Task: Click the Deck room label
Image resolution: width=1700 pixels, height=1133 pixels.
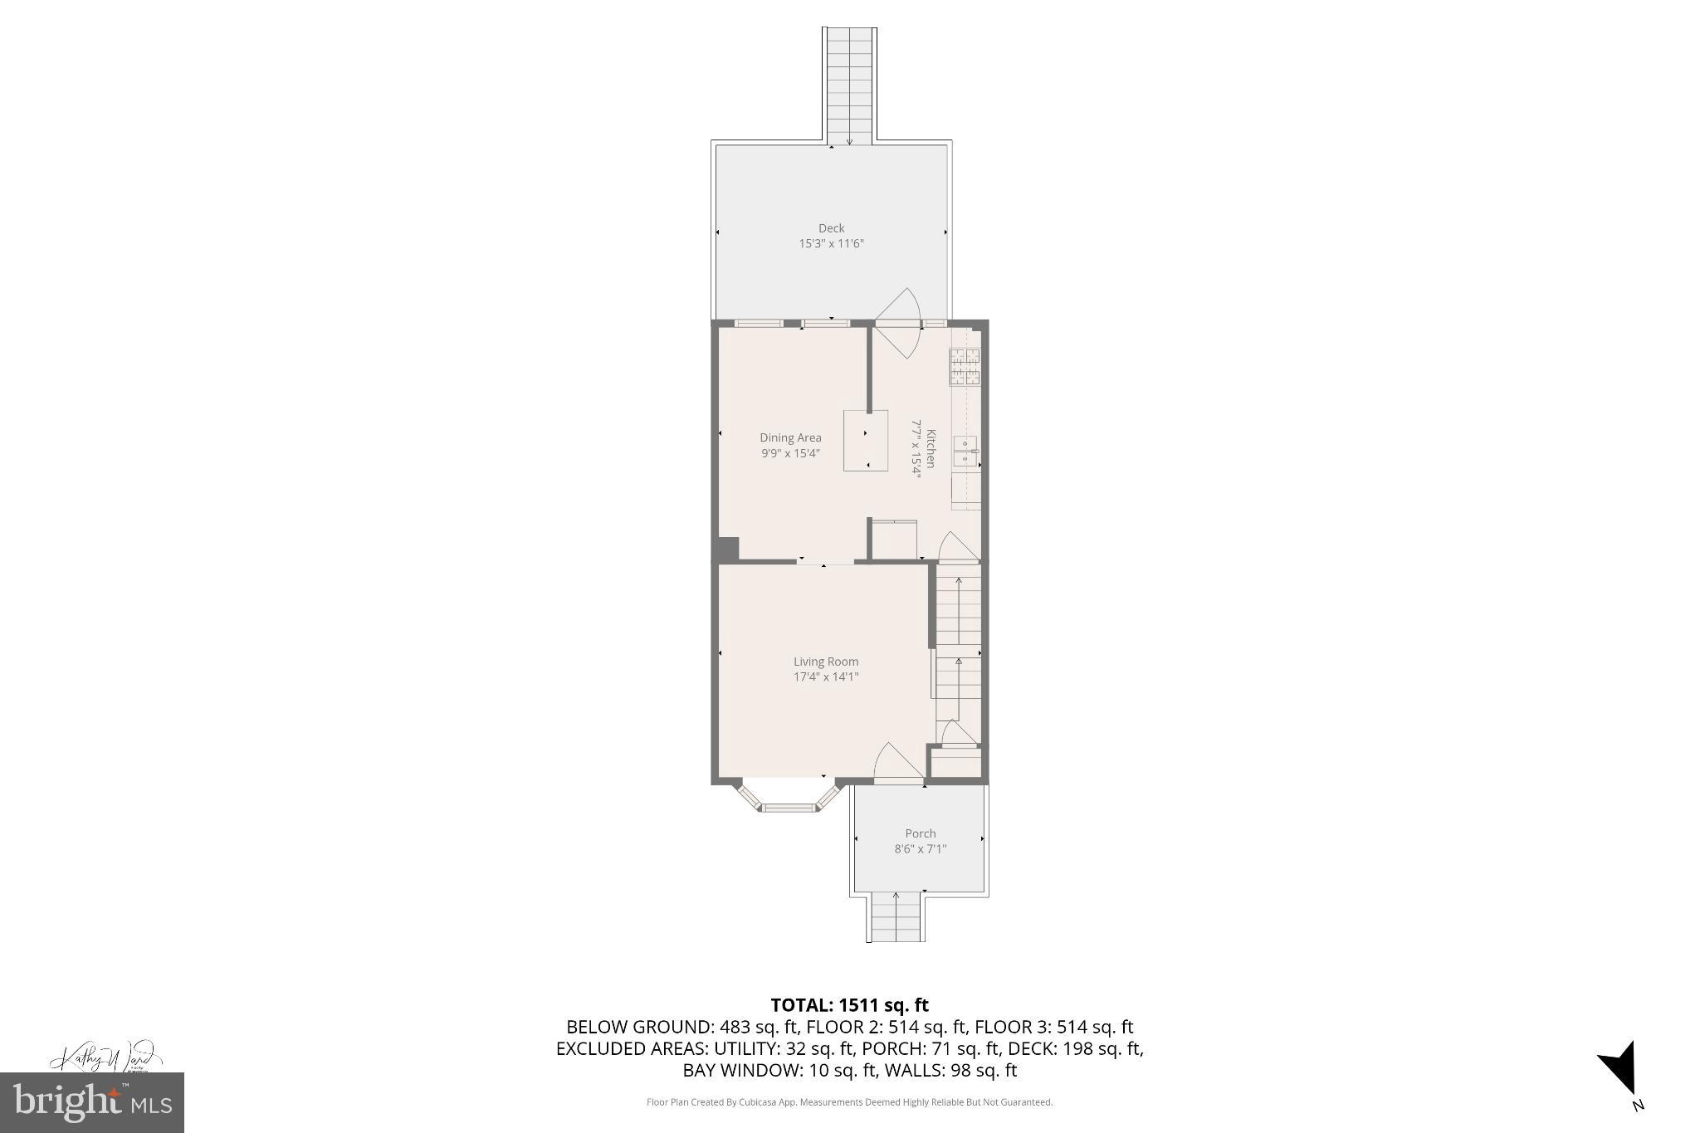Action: pyautogui.click(x=831, y=228)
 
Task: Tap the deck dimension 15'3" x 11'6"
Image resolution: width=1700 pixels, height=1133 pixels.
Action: pyautogui.click(x=831, y=244)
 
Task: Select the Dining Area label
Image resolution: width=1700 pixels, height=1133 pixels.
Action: pyautogui.click(x=790, y=438)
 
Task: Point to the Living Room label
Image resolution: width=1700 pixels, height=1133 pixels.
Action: pyautogui.click(x=826, y=662)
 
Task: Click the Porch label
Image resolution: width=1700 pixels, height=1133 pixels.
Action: pyautogui.click(x=921, y=833)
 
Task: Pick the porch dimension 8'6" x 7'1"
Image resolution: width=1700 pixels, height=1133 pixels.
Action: pyautogui.click(x=920, y=849)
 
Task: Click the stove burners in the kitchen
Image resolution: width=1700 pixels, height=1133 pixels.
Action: pyautogui.click(x=965, y=367)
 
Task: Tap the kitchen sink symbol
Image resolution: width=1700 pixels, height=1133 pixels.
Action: pyautogui.click(x=965, y=451)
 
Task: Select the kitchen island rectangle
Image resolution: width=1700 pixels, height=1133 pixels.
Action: pyautogui.click(x=866, y=441)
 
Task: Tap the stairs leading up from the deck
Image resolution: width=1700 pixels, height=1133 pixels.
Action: pyautogui.click(x=849, y=83)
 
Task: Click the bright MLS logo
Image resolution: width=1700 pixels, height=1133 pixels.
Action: pyautogui.click(x=92, y=1102)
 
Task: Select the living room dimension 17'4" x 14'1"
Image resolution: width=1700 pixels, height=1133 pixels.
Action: pyautogui.click(x=826, y=677)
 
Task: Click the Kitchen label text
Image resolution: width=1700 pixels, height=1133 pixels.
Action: pyautogui.click(x=931, y=448)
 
